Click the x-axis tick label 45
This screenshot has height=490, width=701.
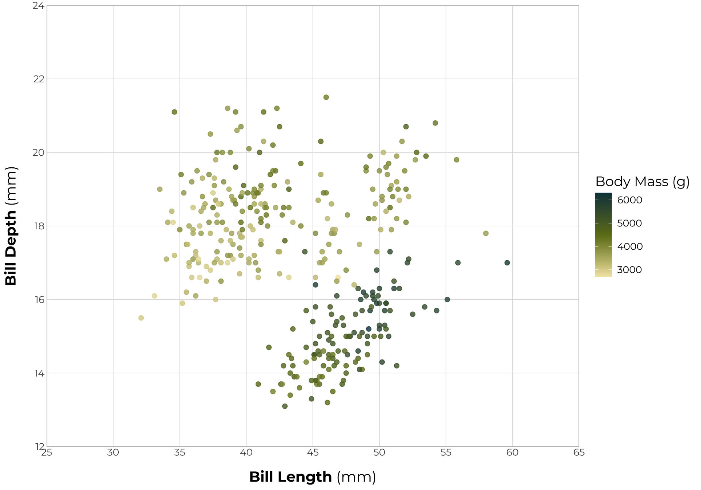[x=313, y=453]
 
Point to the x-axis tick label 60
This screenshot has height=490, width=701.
[x=512, y=453]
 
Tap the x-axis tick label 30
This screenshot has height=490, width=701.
[x=113, y=453]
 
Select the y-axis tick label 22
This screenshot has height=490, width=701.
[x=38, y=79]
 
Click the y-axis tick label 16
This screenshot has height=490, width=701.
[x=38, y=300]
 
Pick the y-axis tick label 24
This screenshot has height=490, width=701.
[x=38, y=6]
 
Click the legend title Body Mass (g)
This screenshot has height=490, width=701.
[x=642, y=182]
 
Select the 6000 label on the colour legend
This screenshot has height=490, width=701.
[x=629, y=200]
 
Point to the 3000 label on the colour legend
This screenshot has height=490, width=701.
[x=629, y=270]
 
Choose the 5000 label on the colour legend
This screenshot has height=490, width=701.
[x=629, y=223]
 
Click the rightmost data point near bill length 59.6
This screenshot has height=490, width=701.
[x=507, y=263]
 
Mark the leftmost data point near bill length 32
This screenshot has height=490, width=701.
[x=141, y=318]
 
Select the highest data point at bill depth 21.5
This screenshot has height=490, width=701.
[x=326, y=97]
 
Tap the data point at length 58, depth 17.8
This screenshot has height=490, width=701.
[x=486, y=233]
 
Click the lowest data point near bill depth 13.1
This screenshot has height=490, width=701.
[x=285, y=406]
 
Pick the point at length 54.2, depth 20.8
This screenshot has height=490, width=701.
[x=435, y=123]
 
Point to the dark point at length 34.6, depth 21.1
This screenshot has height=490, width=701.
[x=174, y=112]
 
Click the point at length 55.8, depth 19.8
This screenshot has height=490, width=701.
[x=456, y=160]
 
